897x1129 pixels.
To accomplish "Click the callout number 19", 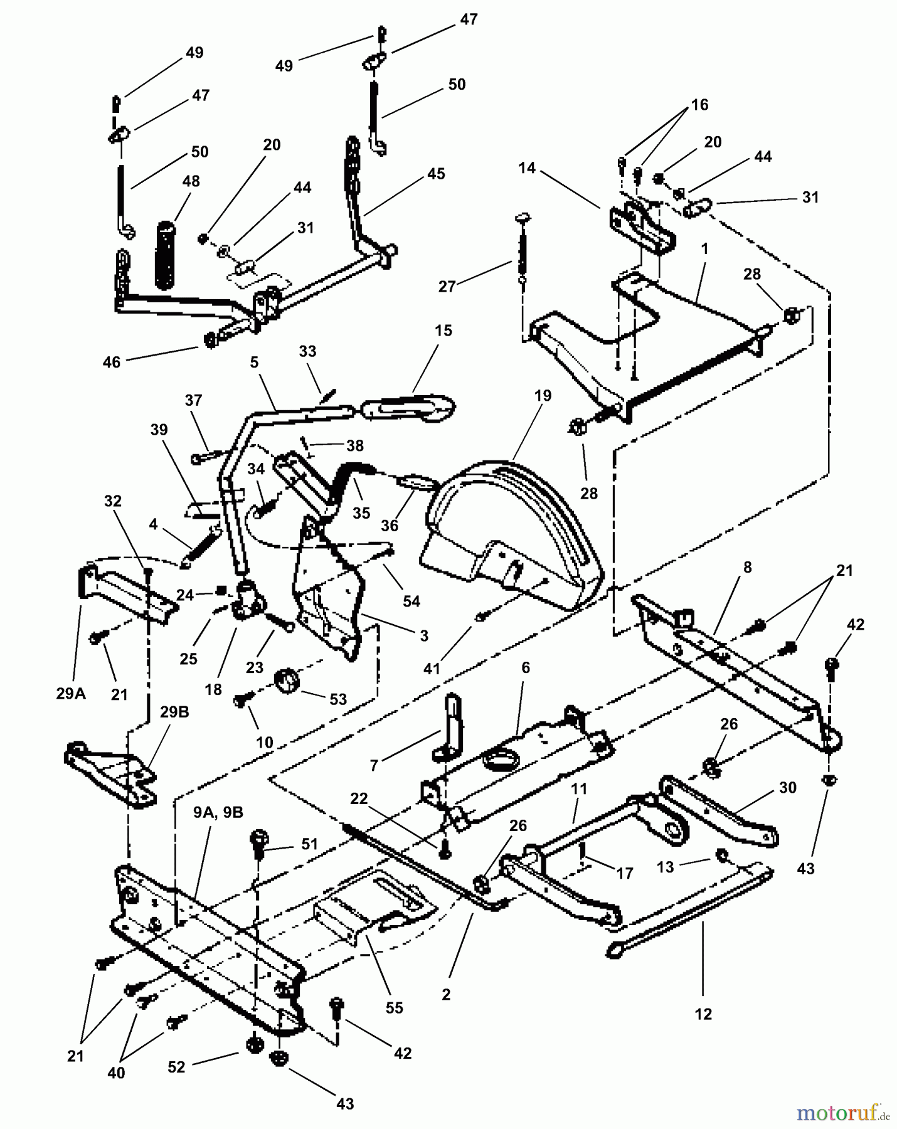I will click(x=543, y=396).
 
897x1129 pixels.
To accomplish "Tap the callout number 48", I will click(x=191, y=181).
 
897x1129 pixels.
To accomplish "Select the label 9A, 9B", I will click(x=218, y=812).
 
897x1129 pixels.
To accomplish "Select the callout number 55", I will click(x=395, y=1008).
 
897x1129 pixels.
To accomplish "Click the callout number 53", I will click(x=337, y=699).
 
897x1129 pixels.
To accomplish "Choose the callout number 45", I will click(x=436, y=173).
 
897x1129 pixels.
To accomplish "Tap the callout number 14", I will click(x=527, y=167).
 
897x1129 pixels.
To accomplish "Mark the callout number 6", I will click(x=526, y=667).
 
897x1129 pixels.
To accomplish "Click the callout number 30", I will click(x=787, y=788).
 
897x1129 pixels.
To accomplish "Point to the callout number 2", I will click(x=445, y=995).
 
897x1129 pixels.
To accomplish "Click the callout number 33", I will click(x=307, y=351).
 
